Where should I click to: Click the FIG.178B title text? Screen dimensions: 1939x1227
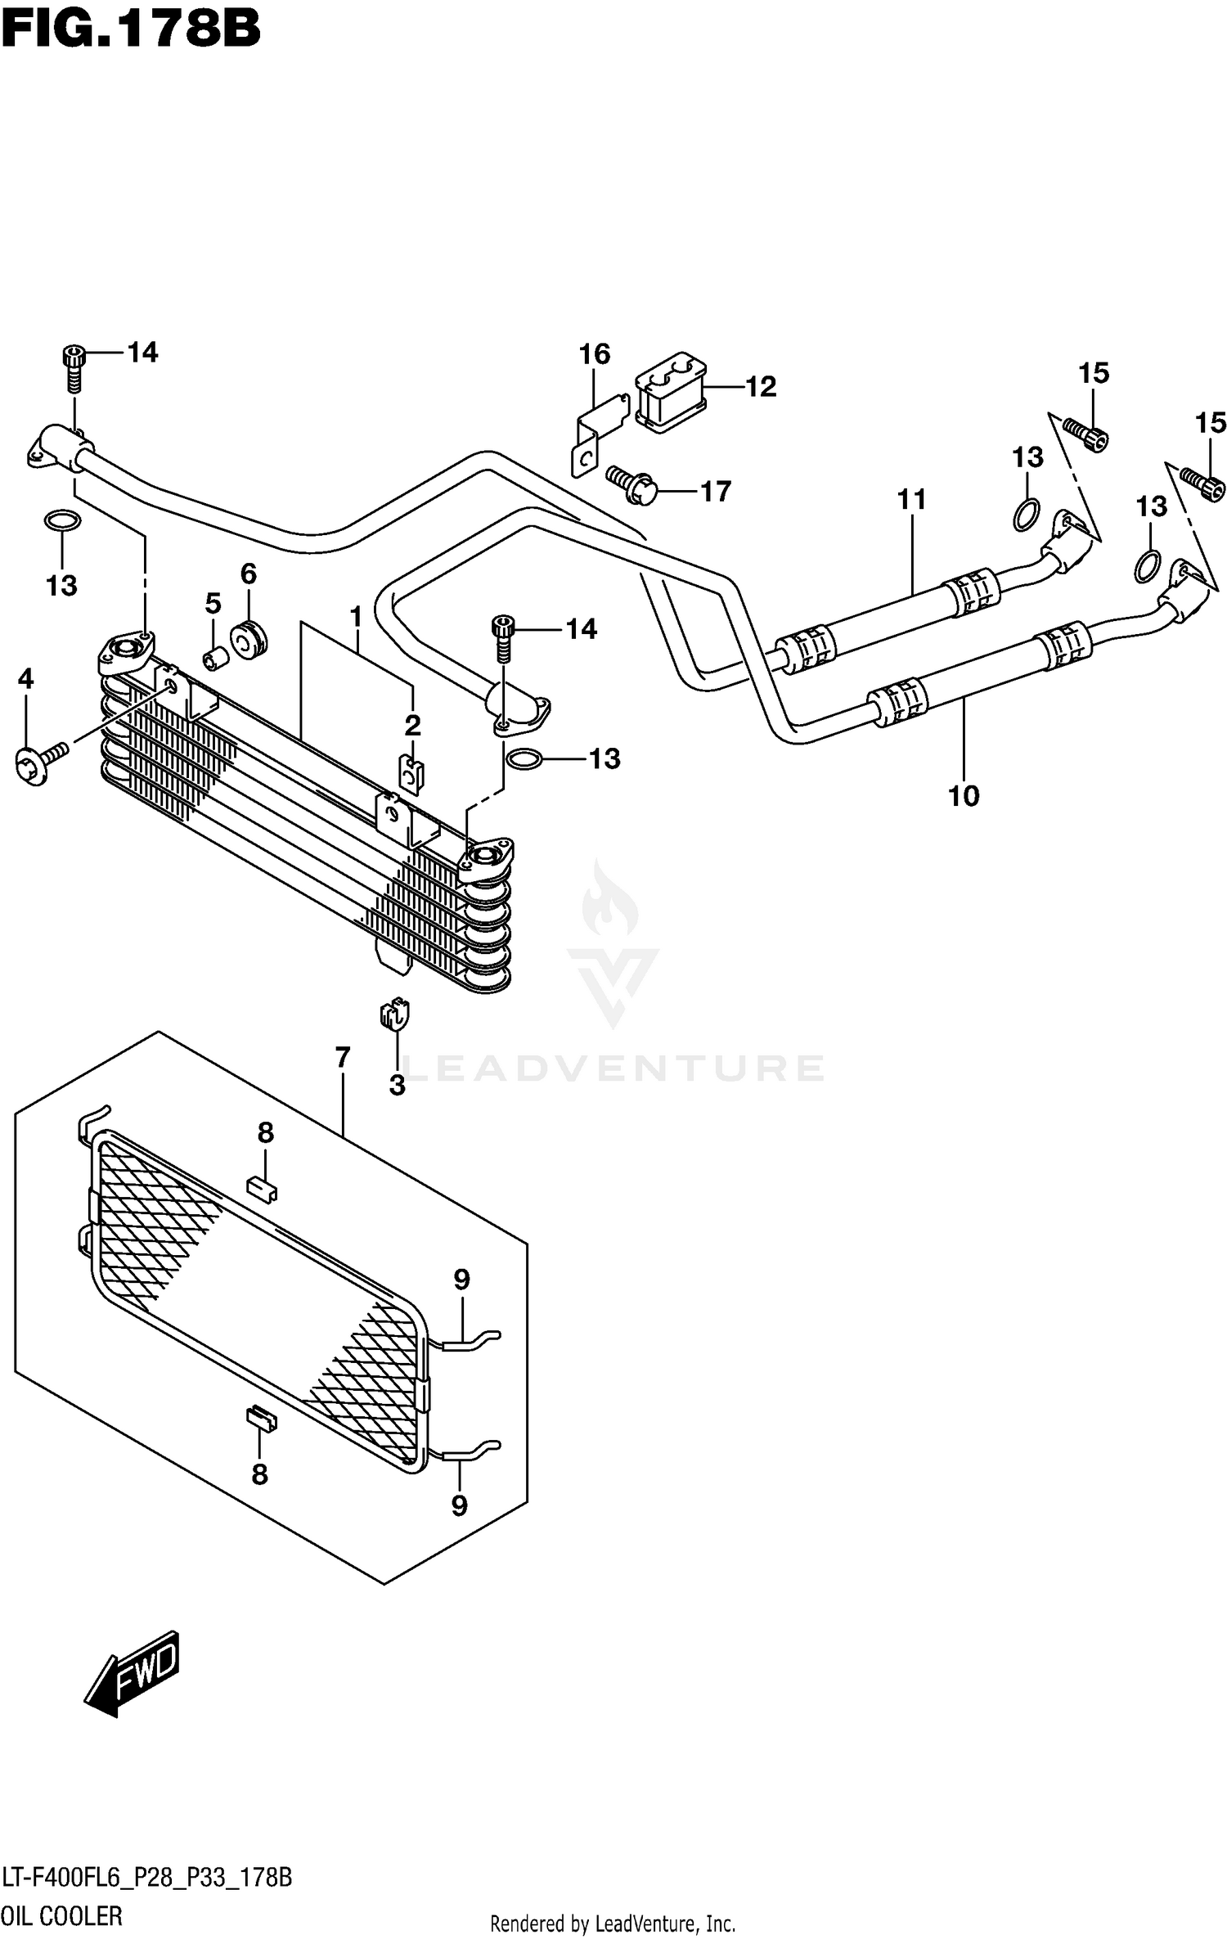[131, 30]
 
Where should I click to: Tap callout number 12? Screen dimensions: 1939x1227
[761, 387]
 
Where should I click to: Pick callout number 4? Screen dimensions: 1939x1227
[26, 679]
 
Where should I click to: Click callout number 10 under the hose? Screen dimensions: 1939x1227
[964, 795]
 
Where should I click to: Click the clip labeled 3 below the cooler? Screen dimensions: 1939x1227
[394, 1017]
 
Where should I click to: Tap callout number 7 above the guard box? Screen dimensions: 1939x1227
[343, 1058]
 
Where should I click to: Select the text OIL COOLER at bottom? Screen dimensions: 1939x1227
[62, 1916]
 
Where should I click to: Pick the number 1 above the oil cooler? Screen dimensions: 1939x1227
[356, 616]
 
